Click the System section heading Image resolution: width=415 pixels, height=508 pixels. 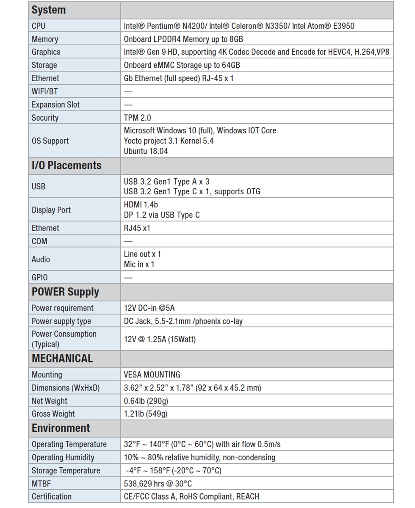click(x=49, y=10)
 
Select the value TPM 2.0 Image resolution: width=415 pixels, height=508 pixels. click(x=138, y=118)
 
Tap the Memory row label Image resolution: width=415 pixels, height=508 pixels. click(x=45, y=39)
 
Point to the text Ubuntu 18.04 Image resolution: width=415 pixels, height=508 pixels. click(x=146, y=151)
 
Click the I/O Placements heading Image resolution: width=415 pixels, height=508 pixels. click(x=66, y=166)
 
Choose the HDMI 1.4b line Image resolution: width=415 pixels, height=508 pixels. click(x=141, y=205)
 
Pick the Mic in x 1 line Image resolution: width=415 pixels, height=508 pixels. click(x=139, y=265)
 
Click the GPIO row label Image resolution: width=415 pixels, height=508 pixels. click(x=40, y=278)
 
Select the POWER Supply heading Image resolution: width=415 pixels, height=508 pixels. click(x=65, y=292)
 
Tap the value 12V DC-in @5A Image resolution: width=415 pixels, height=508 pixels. click(x=149, y=308)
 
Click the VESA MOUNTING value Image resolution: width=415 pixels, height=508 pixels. click(x=152, y=375)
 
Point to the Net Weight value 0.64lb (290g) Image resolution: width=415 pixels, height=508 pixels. click(x=146, y=401)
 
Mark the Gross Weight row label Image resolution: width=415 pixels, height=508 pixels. click(x=53, y=414)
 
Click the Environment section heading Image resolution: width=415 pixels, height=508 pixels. click(x=61, y=428)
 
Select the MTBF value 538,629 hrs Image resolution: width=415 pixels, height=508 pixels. click(x=158, y=483)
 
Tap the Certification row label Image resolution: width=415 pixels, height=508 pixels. click(x=52, y=497)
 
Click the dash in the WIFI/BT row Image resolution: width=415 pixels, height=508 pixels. click(x=128, y=91)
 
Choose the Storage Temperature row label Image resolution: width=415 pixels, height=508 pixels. click(x=66, y=471)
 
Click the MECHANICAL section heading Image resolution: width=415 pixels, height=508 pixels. click(x=62, y=359)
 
